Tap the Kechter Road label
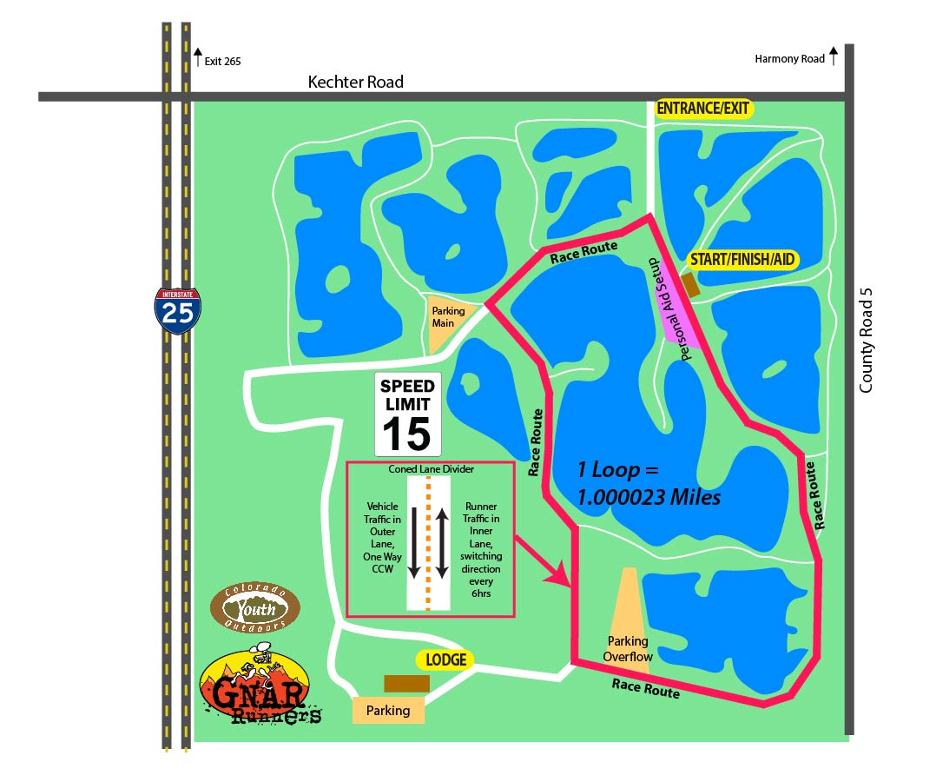[x=356, y=82]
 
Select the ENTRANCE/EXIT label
[x=704, y=109]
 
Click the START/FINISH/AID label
[x=742, y=259]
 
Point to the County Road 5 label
[x=865, y=341]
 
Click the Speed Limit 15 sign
[x=407, y=414]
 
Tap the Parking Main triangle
[x=445, y=319]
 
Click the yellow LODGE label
[x=446, y=660]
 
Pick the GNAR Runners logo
[x=257, y=687]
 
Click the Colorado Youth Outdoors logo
[x=255, y=608]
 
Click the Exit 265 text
[x=222, y=61]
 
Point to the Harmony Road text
[x=789, y=59]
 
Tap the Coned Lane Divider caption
[x=430, y=470]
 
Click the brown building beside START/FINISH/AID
[x=691, y=284]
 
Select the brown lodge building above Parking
[x=406, y=684]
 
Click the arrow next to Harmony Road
[x=834, y=57]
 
